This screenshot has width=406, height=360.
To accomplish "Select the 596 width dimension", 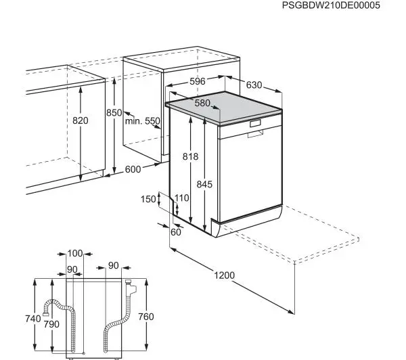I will coord(197,82).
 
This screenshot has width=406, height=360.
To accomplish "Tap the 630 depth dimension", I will coord(254,85).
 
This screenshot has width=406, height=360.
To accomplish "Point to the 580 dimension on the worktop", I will coord(202,103).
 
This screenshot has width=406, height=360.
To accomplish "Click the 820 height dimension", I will coord(81,120).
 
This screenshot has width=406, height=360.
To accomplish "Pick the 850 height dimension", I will coord(114,113).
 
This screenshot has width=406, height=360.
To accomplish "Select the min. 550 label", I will coord(143,121).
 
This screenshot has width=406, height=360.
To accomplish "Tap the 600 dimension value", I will coord(133,169).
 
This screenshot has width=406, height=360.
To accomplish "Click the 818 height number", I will coord(191,156).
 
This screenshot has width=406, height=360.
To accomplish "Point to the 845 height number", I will coord(205,183).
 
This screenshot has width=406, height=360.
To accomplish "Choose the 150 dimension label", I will coord(148,199).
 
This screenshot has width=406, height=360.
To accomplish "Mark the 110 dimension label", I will coord(181,198).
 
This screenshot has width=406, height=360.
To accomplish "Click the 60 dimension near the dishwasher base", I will coord(177,232).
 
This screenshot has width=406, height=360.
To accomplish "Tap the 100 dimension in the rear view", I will coord(75,254).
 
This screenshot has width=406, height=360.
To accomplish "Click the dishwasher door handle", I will coord(255,134).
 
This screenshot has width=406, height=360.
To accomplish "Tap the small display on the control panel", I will coord(255,124).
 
